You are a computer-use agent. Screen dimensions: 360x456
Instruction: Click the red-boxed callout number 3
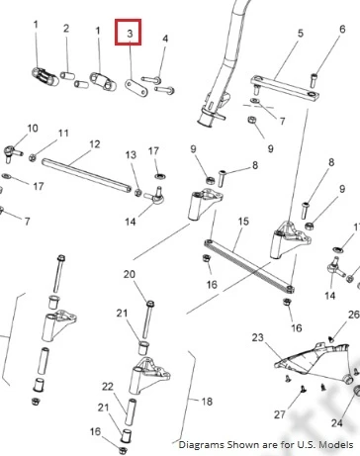pyautogui.click(x=130, y=33)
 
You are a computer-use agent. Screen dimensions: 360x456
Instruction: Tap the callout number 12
pyautogui.click(x=95, y=144)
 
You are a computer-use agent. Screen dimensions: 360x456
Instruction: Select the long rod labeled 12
pyautogui.click(x=87, y=175)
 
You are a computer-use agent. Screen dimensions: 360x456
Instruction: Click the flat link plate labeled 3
pyautogui.click(x=136, y=88)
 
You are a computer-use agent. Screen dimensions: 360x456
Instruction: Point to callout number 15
pyautogui.click(x=243, y=221)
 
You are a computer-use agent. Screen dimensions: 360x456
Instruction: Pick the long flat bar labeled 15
pyautogui.click(x=249, y=266)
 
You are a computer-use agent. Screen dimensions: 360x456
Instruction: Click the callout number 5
pyautogui.click(x=300, y=33)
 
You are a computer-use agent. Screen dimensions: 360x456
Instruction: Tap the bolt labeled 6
pyautogui.click(x=314, y=80)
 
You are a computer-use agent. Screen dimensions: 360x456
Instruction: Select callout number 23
pyautogui.click(x=258, y=337)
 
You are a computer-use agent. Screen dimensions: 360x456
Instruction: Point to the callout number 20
pyautogui.click(x=130, y=274)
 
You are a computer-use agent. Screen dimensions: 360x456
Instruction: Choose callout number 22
pyautogui.click(x=108, y=386)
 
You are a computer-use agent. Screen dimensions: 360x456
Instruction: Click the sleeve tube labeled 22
pyautogui.click(x=131, y=411)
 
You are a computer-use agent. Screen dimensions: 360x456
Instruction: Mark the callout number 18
pyautogui.click(x=207, y=402)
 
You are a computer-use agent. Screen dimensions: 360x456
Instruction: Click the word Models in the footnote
pyautogui.click(x=337, y=444)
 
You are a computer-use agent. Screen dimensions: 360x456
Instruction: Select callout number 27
pyautogui.click(x=280, y=414)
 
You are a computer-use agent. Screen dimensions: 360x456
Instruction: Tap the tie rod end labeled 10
pyautogui.click(x=12, y=152)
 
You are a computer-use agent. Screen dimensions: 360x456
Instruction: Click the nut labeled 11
pyautogui.click(x=33, y=157)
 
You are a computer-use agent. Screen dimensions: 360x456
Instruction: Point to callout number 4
pyautogui.click(x=165, y=39)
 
